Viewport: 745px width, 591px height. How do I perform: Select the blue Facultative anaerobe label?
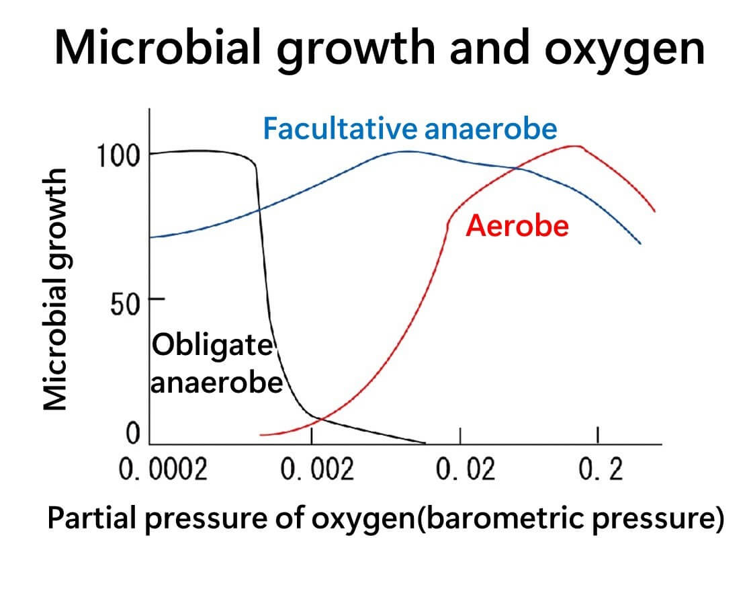pyautogui.click(x=410, y=128)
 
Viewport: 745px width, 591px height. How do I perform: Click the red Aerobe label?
pyautogui.click(x=517, y=226)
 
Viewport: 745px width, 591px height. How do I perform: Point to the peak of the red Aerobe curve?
pyautogui.click(x=576, y=146)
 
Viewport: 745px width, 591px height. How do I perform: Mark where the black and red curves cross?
pyautogui.click(x=320, y=420)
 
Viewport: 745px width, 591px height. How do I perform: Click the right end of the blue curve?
pyautogui.click(x=640, y=243)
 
